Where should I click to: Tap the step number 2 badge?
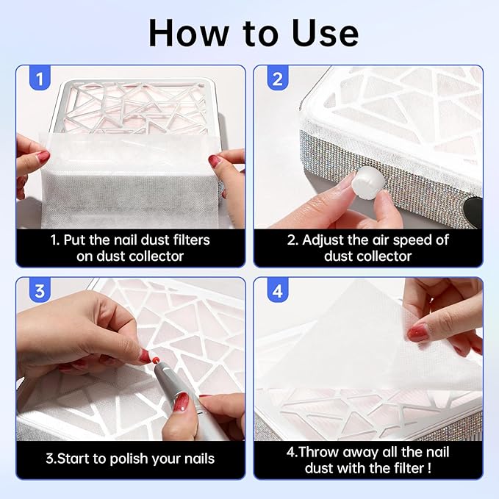(x=277, y=78)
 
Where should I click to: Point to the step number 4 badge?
(x=277, y=290)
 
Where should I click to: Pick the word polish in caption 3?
(x=132, y=459)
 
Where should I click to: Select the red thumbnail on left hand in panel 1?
(x=43, y=156)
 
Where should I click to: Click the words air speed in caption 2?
(x=401, y=240)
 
